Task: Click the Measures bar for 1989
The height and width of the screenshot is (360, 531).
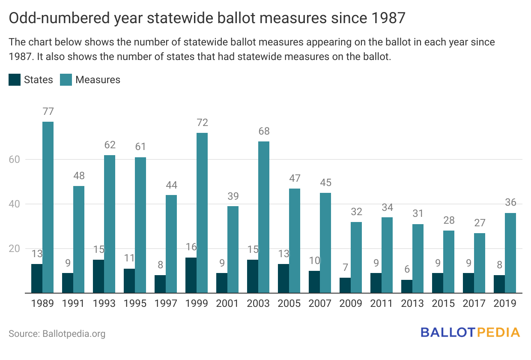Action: tap(48, 207)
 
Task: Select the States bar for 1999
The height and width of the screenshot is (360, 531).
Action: tap(191, 275)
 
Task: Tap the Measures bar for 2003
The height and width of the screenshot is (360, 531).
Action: tap(264, 217)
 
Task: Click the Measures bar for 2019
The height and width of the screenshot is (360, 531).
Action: tap(510, 253)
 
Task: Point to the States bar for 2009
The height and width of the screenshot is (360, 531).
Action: tap(345, 285)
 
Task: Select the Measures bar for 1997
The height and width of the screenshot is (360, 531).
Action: tap(171, 244)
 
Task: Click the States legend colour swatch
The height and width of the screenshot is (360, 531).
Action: tap(15, 80)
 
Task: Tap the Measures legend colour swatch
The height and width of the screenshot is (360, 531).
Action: tap(66, 80)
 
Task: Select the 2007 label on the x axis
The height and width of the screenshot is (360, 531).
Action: tap(320, 303)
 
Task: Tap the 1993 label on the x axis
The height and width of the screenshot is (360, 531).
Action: tap(104, 303)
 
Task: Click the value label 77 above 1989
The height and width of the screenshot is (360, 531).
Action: tap(48, 111)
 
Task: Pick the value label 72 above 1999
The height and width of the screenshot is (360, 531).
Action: tap(202, 123)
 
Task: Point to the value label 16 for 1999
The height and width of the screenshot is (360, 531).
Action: tap(191, 248)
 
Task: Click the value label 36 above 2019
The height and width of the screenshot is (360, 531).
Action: tap(510, 203)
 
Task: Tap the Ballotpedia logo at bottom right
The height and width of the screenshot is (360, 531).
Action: tap(470, 333)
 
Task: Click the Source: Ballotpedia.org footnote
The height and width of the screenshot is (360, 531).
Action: tap(57, 333)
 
